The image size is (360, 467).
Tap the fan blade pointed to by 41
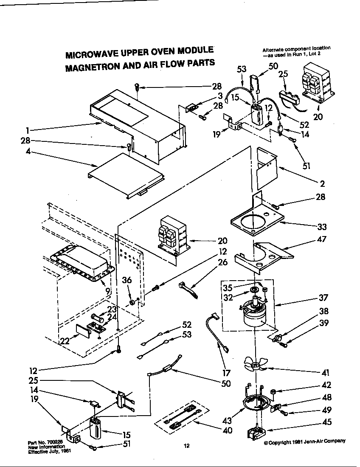255,364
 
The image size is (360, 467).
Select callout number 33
322,227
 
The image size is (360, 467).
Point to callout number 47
322,239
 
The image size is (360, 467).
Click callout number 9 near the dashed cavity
108,291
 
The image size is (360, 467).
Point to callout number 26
222,262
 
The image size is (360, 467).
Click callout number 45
327,422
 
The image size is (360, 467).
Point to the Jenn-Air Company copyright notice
304,442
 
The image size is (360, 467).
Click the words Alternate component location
296,49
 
